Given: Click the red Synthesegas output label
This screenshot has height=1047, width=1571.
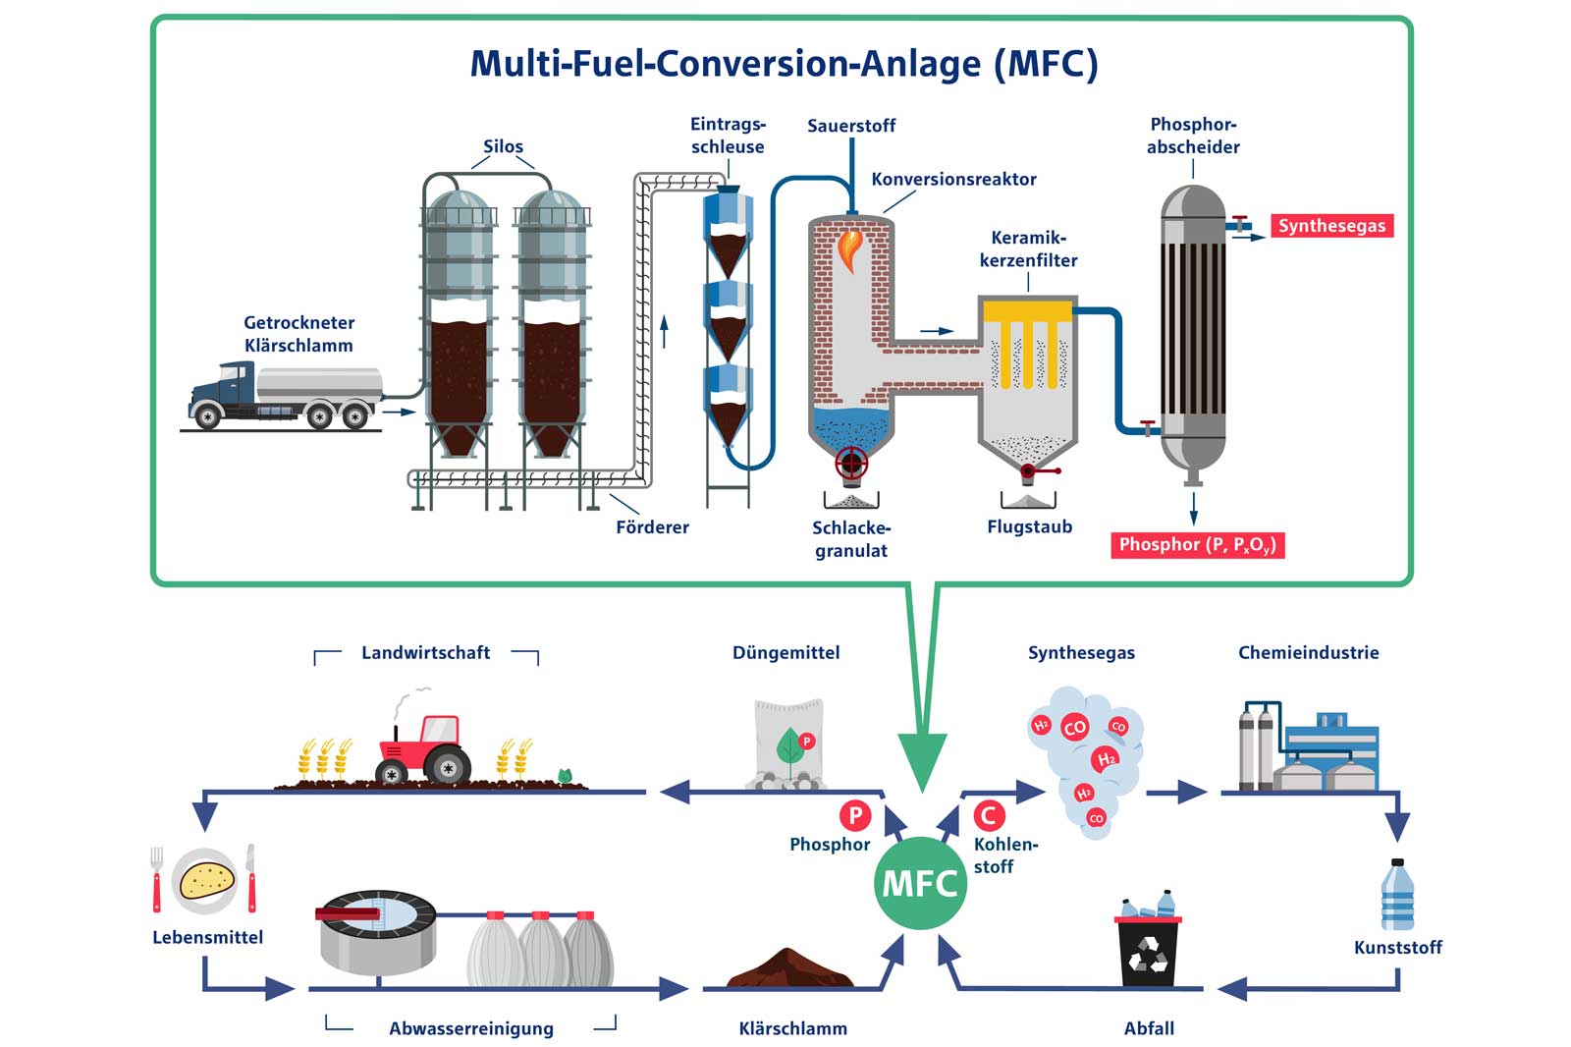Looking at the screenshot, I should pos(1330,226).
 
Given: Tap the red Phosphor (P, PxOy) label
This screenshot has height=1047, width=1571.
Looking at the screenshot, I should pos(1196,545).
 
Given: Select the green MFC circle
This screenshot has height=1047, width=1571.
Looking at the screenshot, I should pos(920,883).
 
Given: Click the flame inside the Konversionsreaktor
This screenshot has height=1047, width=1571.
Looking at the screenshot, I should pos(849,249).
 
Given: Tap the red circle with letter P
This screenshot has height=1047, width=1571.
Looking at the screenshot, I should pos(855,814).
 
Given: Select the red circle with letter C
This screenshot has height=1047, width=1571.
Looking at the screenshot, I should pos(989,814).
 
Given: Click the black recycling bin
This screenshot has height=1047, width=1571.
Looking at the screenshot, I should pos(1148,949).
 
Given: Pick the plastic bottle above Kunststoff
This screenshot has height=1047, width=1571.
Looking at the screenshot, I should pos(1397,895).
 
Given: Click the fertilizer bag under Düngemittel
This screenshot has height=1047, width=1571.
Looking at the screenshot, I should pos(788,744).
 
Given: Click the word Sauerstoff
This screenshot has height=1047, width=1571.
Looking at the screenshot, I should pos(851,126).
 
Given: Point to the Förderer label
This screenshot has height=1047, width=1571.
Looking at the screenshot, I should pos(652,527).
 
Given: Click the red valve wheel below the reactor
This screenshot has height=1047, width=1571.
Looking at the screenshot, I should pos(850,462).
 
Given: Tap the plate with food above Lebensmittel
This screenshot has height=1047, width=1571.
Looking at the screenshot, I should pos(205,880).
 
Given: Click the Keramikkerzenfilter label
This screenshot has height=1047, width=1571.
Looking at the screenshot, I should pos(1028,249).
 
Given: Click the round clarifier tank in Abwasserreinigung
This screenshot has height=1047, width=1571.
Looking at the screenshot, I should pos(378,932).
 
